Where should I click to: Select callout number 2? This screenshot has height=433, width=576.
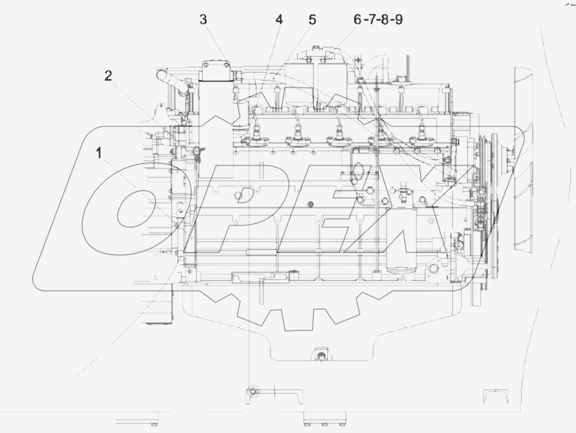tap(108, 76)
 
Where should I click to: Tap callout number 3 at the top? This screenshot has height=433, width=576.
tap(203, 20)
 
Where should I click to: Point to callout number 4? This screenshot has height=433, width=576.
tap(279, 20)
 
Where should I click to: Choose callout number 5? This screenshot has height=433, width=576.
tap(312, 20)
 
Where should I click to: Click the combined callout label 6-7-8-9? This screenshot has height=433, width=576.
tap(378, 20)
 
